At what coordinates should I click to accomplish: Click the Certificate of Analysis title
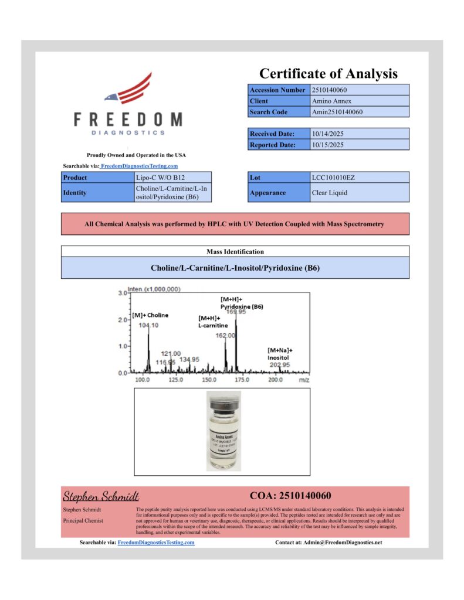click(x=328, y=73)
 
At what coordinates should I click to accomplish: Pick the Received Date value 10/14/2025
click(x=328, y=134)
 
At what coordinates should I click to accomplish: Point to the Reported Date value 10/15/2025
click(x=328, y=145)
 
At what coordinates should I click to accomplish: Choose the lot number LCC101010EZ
click(x=333, y=177)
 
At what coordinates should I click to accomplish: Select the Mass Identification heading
click(x=235, y=251)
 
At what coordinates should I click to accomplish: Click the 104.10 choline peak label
click(x=149, y=325)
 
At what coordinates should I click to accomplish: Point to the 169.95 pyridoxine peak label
click(x=236, y=312)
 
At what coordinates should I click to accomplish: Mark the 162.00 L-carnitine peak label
click(x=226, y=336)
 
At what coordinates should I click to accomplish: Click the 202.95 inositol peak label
click(x=280, y=364)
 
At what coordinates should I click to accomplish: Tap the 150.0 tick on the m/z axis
click(x=209, y=380)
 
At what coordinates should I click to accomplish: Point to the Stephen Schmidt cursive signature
click(x=101, y=496)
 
